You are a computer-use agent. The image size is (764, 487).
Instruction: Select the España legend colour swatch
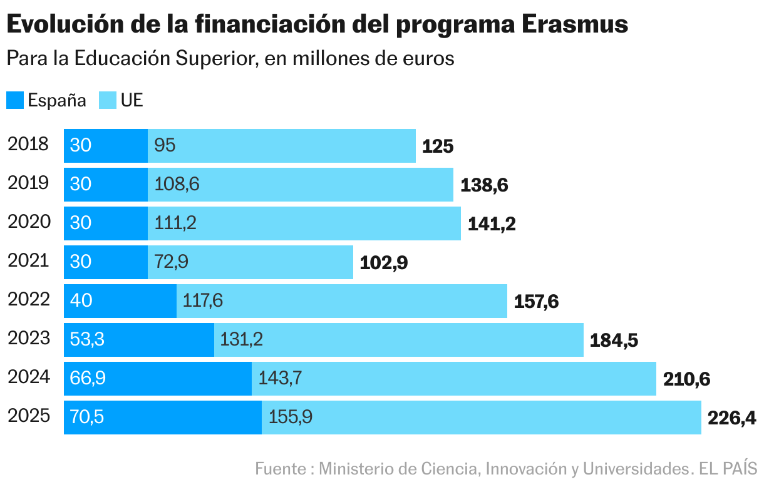coord(15,100)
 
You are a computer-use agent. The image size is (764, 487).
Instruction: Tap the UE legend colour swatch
coord(108,100)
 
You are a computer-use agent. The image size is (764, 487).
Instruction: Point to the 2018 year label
coord(28,145)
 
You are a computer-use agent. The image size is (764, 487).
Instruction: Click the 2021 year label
coord(28,261)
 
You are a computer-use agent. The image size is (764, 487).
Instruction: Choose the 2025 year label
coord(28,416)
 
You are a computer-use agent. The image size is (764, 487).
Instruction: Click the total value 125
coord(437,146)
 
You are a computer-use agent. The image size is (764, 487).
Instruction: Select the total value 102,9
coord(383,263)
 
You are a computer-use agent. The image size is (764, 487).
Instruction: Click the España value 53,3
coord(87,340)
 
